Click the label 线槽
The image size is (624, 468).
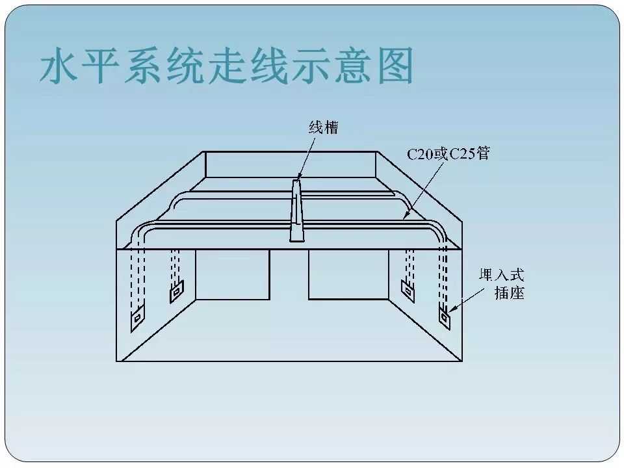point(324,127)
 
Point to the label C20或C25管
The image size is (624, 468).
point(448,154)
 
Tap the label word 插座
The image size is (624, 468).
point(509,293)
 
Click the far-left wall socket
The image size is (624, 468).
point(138,318)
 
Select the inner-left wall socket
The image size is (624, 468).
point(176,294)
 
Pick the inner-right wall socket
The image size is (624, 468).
point(408,291)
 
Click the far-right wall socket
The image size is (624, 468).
point(445,318)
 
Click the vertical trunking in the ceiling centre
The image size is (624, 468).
point(296,211)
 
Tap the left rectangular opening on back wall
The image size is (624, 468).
point(232,274)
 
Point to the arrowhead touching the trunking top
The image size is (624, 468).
point(299,177)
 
